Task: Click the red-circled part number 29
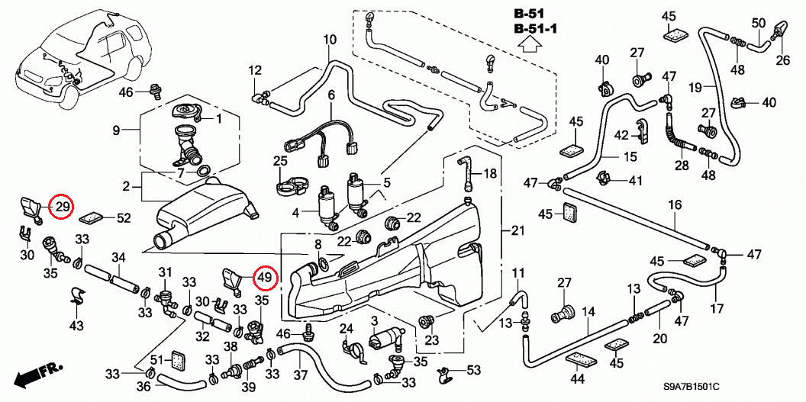click(62, 206)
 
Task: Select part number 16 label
click(675, 205)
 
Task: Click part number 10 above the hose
click(330, 40)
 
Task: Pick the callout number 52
click(124, 218)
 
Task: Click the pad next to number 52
click(93, 217)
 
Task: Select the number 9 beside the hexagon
click(117, 130)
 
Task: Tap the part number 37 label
click(300, 375)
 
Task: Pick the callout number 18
click(489, 173)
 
